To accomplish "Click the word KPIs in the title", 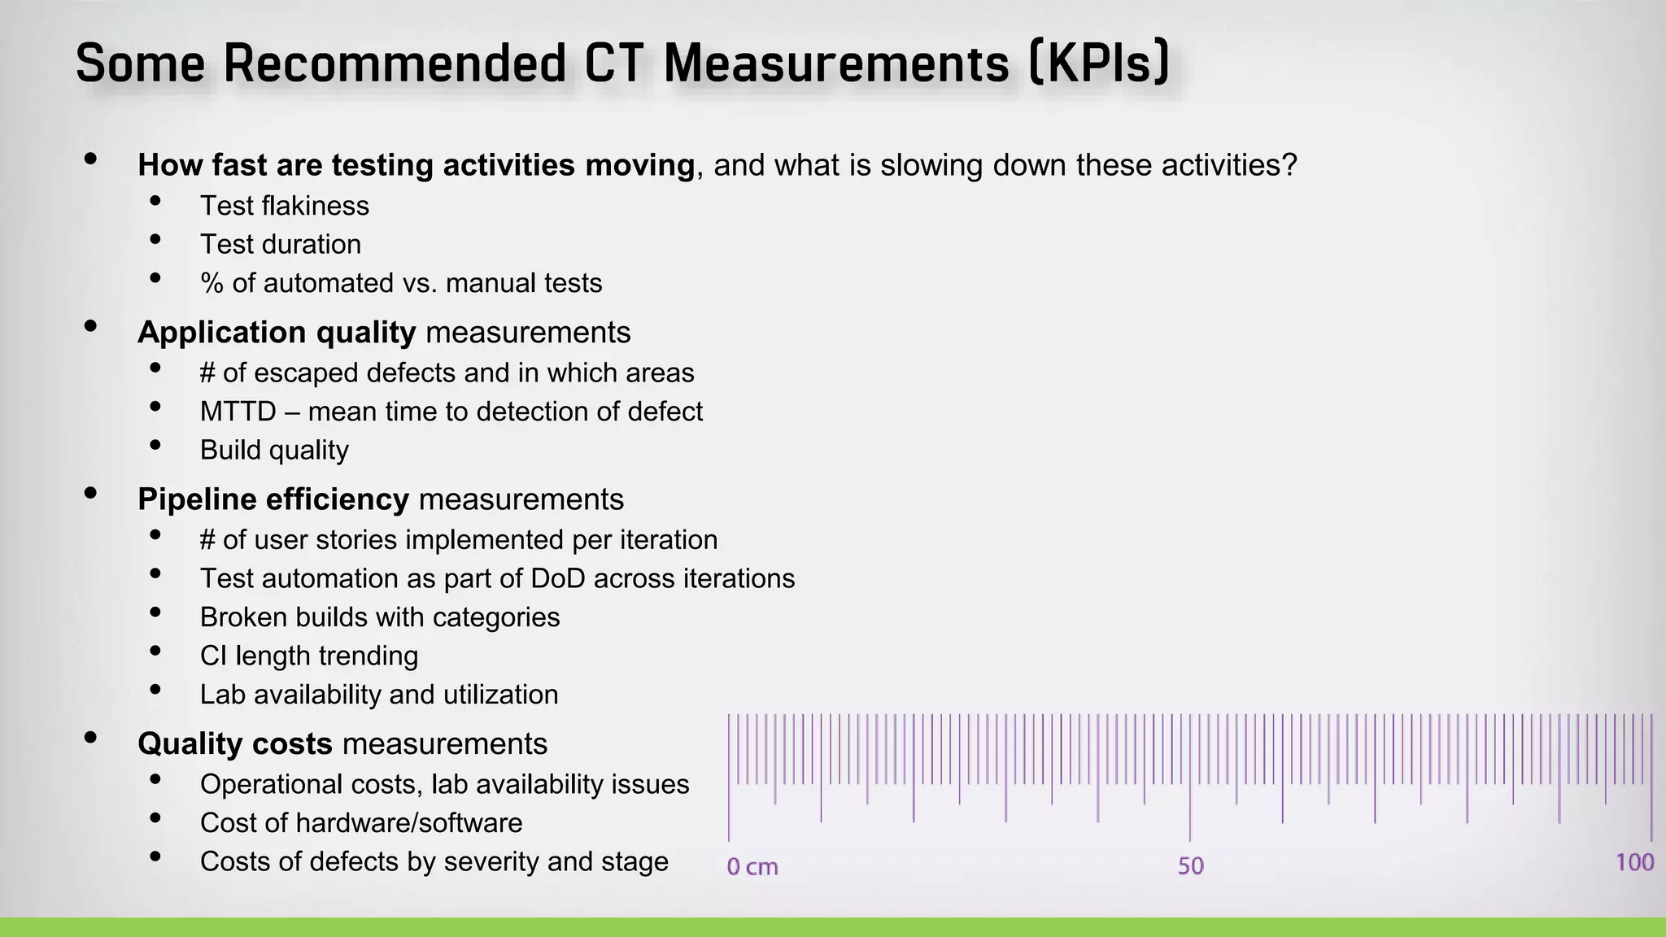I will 1098,63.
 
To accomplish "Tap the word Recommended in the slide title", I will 395,63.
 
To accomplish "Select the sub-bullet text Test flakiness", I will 284,206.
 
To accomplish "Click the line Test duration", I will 280,244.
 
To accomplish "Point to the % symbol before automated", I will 212,283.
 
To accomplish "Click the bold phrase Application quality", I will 277,332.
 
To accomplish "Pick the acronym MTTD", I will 238,412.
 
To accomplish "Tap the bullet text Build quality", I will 274,450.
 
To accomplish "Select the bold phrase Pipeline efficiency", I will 273,499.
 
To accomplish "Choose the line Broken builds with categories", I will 379,617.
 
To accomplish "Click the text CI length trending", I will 308,656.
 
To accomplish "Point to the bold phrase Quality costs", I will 234,743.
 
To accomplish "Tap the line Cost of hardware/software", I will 360,823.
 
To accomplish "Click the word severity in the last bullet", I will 491,861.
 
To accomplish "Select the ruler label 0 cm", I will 752,867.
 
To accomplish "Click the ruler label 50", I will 1190,866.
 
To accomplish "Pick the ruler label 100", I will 1634,862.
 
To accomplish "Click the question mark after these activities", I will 1289,165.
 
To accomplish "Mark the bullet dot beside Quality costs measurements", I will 90,738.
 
